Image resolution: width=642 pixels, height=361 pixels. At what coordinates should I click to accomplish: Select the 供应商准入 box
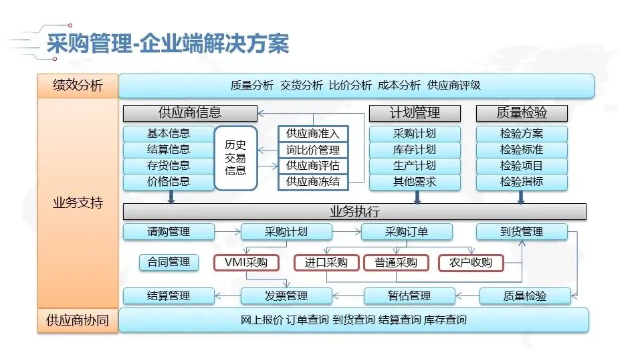pyautogui.click(x=313, y=134)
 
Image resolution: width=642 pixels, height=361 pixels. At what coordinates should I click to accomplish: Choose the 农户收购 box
pyautogui.click(x=471, y=263)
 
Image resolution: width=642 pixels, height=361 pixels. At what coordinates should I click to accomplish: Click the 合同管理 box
pyautogui.click(x=169, y=263)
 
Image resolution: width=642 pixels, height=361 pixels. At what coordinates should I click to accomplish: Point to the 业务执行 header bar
pyautogui.click(x=354, y=212)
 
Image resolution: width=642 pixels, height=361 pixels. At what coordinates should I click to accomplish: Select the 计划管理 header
pyautogui.click(x=415, y=113)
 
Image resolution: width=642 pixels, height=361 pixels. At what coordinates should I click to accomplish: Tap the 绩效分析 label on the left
pyautogui.click(x=78, y=86)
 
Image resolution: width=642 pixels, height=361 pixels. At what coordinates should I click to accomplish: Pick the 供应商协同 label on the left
pyautogui.click(x=78, y=320)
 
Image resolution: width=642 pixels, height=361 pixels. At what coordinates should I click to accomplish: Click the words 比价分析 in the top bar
pyautogui.click(x=350, y=86)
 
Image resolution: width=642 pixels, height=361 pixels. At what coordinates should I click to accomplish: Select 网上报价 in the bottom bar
pyautogui.click(x=261, y=320)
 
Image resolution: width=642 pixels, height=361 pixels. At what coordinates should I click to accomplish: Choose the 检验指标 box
pyautogui.click(x=522, y=182)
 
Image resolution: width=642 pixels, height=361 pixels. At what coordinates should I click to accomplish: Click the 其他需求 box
pyautogui.click(x=415, y=182)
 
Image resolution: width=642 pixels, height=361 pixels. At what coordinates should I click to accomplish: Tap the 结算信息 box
pyautogui.click(x=169, y=150)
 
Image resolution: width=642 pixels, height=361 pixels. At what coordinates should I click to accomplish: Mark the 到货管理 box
pyautogui.click(x=522, y=232)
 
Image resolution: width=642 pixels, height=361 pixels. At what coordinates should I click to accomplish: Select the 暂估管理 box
pyautogui.click(x=409, y=295)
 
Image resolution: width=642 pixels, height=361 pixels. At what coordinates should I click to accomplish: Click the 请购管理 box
pyautogui.click(x=169, y=232)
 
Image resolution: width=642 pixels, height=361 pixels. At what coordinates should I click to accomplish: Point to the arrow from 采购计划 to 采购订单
pyautogui.click(x=346, y=232)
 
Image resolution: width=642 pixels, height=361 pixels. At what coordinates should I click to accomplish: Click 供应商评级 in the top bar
pyautogui.click(x=454, y=86)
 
